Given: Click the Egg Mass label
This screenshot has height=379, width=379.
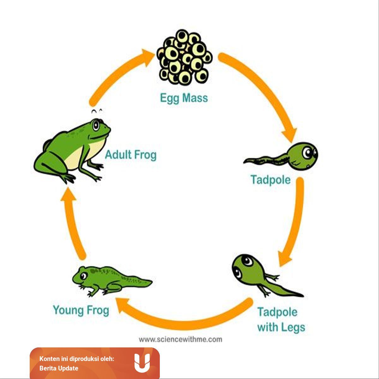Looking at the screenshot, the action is click(184, 98).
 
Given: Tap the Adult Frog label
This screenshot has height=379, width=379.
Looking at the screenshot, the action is click(131, 155).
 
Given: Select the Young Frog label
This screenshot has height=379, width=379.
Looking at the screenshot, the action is click(81, 310).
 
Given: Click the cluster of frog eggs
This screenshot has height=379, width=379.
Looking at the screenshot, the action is click(184, 57).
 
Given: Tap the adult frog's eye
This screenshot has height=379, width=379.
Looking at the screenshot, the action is click(96, 125).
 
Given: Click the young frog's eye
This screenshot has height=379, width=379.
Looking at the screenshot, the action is click(84, 275).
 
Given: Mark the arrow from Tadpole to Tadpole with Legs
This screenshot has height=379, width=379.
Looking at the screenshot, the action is click(295, 222).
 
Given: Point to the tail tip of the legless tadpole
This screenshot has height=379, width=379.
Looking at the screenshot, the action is click(244, 162).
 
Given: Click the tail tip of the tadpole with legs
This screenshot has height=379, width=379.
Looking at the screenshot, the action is click(303, 296).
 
